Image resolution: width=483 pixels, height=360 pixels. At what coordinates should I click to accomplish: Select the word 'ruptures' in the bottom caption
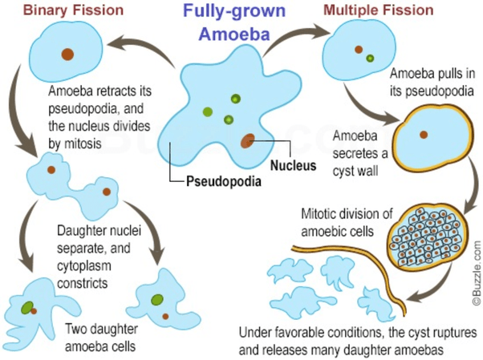(x=451, y=332)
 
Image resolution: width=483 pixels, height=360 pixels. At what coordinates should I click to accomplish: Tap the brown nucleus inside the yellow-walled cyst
(x=424, y=135)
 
